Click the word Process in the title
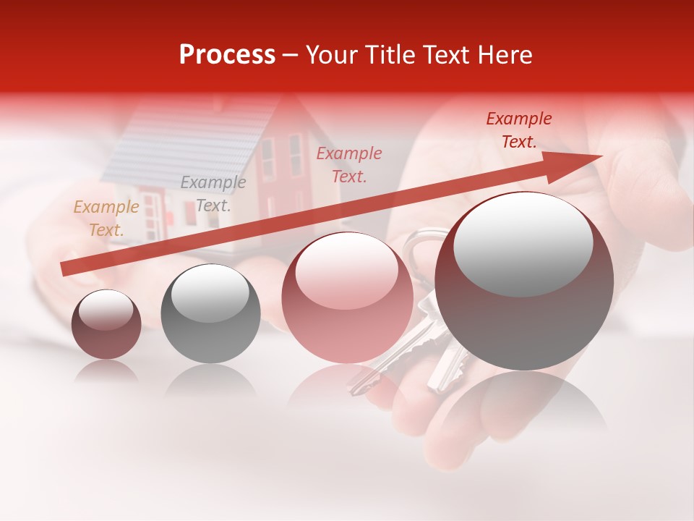pos(227,55)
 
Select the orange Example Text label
pos(106,219)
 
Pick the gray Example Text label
pos(213,194)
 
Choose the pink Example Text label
pos(349,165)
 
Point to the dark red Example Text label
pos(519,130)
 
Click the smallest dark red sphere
pos(106,325)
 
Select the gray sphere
pos(210,314)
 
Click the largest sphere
pos(524,281)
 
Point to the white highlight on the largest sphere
pos(523,242)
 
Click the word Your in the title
pos(330,55)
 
